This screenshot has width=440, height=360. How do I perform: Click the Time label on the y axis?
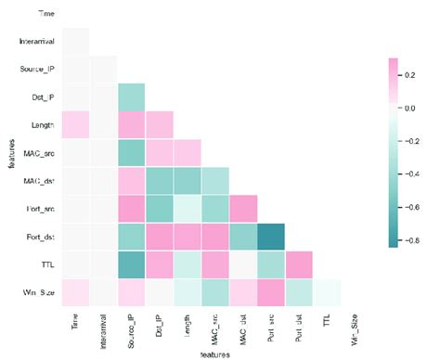(45, 14)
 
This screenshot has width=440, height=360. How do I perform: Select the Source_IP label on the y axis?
(37, 70)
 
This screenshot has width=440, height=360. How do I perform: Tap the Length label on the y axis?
(43, 123)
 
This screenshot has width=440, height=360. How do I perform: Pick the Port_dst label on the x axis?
(297, 327)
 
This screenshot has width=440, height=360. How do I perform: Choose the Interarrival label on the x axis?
(104, 331)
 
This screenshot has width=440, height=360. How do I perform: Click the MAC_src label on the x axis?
(214, 328)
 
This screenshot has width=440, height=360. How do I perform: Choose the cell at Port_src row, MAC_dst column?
(242, 208)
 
